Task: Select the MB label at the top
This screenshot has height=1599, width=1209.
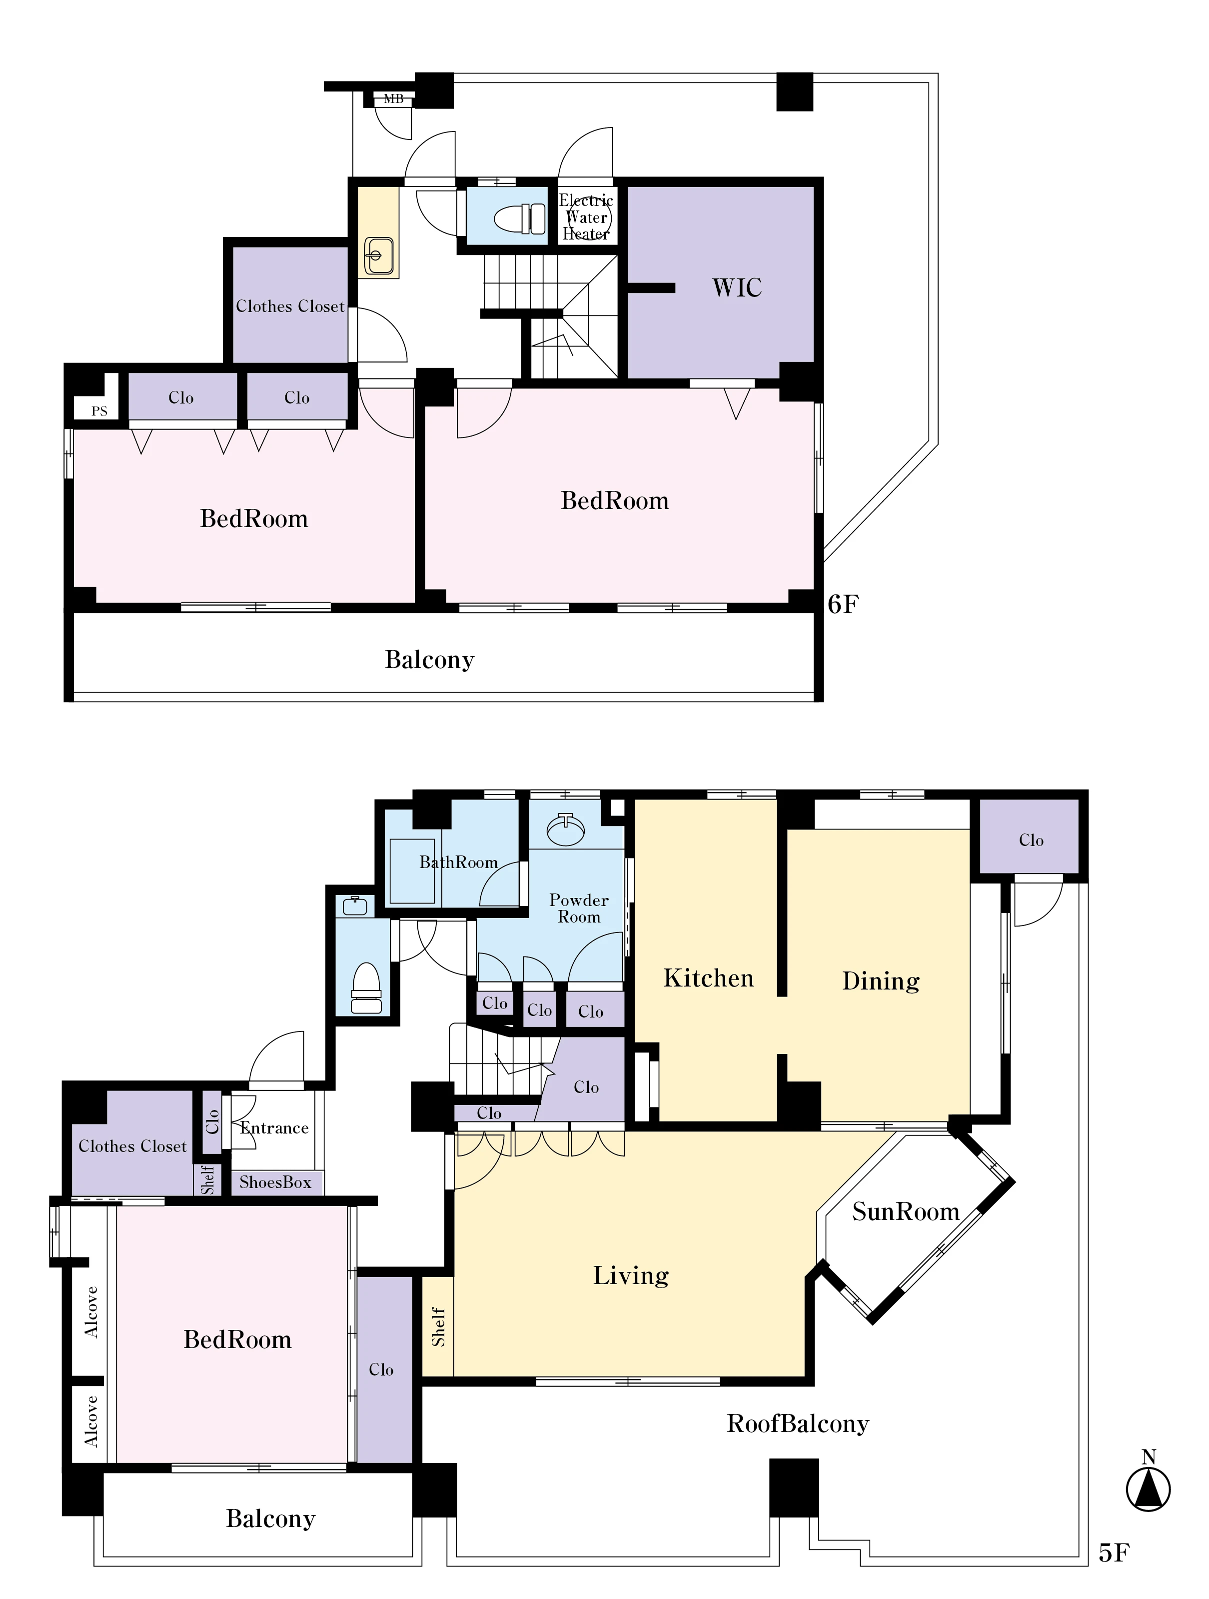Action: (x=393, y=99)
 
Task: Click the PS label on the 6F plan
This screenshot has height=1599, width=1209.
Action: (x=99, y=411)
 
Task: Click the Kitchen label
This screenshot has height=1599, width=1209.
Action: (x=708, y=978)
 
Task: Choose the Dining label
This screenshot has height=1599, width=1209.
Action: (x=881, y=981)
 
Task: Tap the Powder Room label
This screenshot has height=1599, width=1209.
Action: (x=579, y=908)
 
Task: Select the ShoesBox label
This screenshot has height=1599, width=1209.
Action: (x=275, y=1182)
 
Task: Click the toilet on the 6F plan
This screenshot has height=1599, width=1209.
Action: (x=522, y=217)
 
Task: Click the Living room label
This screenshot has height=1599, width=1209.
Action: (x=631, y=1276)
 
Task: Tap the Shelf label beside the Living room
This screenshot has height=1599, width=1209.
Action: (x=438, y=1327)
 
